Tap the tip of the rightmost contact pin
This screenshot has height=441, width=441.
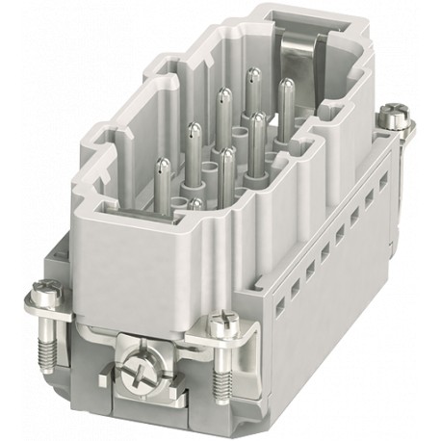click(286, 85)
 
